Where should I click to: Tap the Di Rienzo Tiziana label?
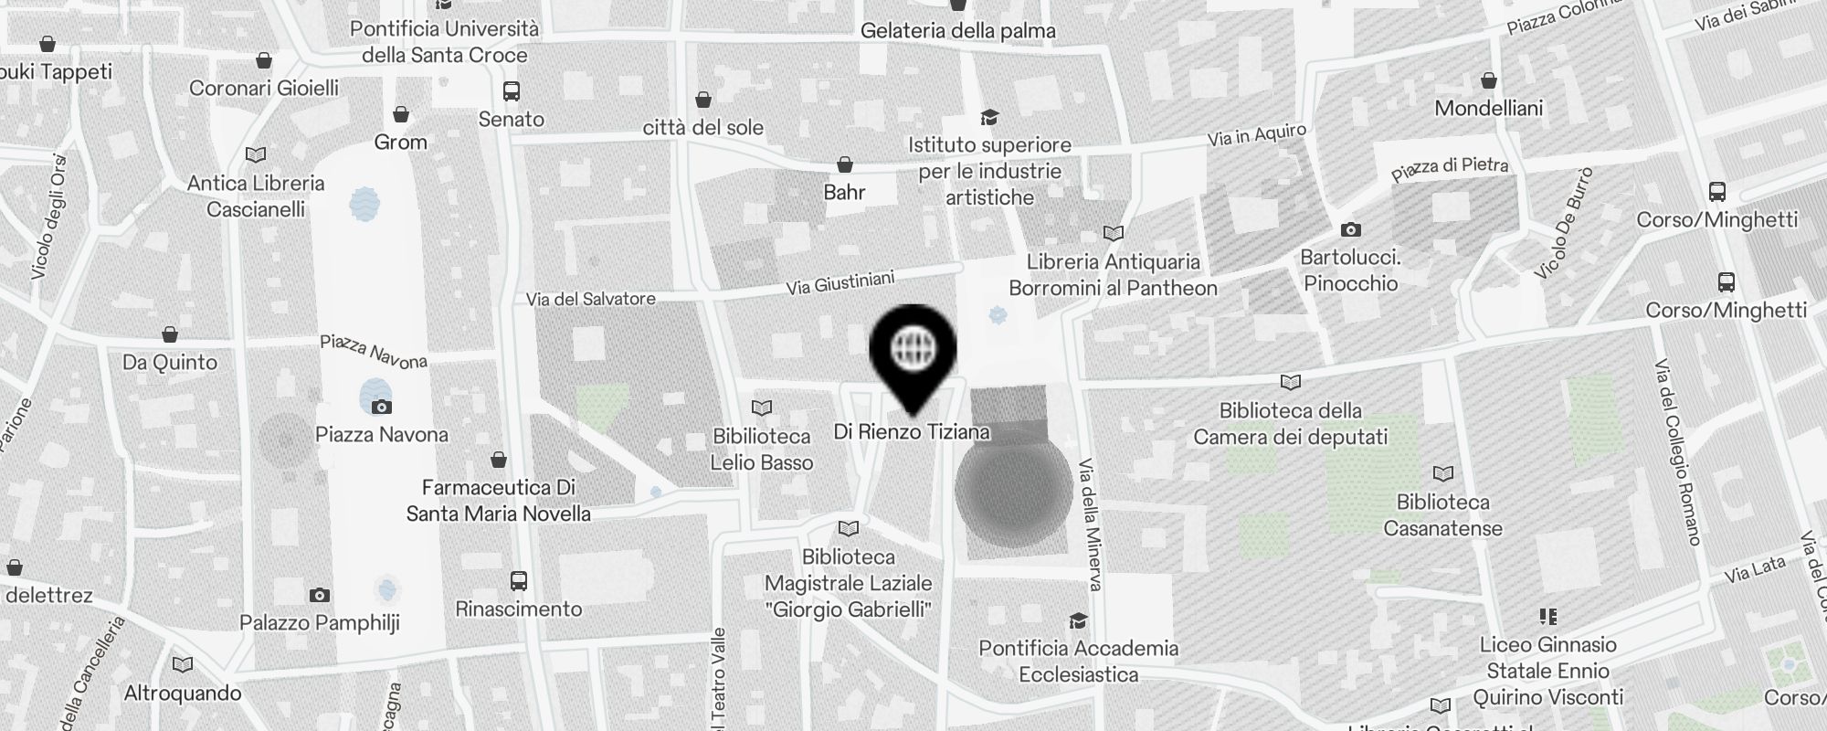[912, 431]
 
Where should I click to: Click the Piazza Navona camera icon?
[382, 407]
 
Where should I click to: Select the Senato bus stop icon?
[512, 91]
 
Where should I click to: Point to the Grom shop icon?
[400, 114]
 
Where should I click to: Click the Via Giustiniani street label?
[840, 283]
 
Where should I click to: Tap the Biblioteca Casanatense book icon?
[1443, 473]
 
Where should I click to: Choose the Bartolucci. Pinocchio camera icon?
[1350, 229]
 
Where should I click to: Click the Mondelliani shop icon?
[1489, 80]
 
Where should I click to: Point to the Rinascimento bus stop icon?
[518, 580]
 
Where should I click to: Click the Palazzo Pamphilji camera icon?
[319, 596]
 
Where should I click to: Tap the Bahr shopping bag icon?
[845, 164]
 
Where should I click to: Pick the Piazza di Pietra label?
[1450, 169]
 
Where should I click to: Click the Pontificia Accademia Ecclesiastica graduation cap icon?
[1078, 621]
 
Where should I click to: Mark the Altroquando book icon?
[183, 664]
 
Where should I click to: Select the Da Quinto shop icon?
[170, 334]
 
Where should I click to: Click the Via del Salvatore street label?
[590, 299]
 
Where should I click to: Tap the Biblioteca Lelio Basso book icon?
[762, 408]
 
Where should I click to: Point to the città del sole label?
[702, 128]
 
